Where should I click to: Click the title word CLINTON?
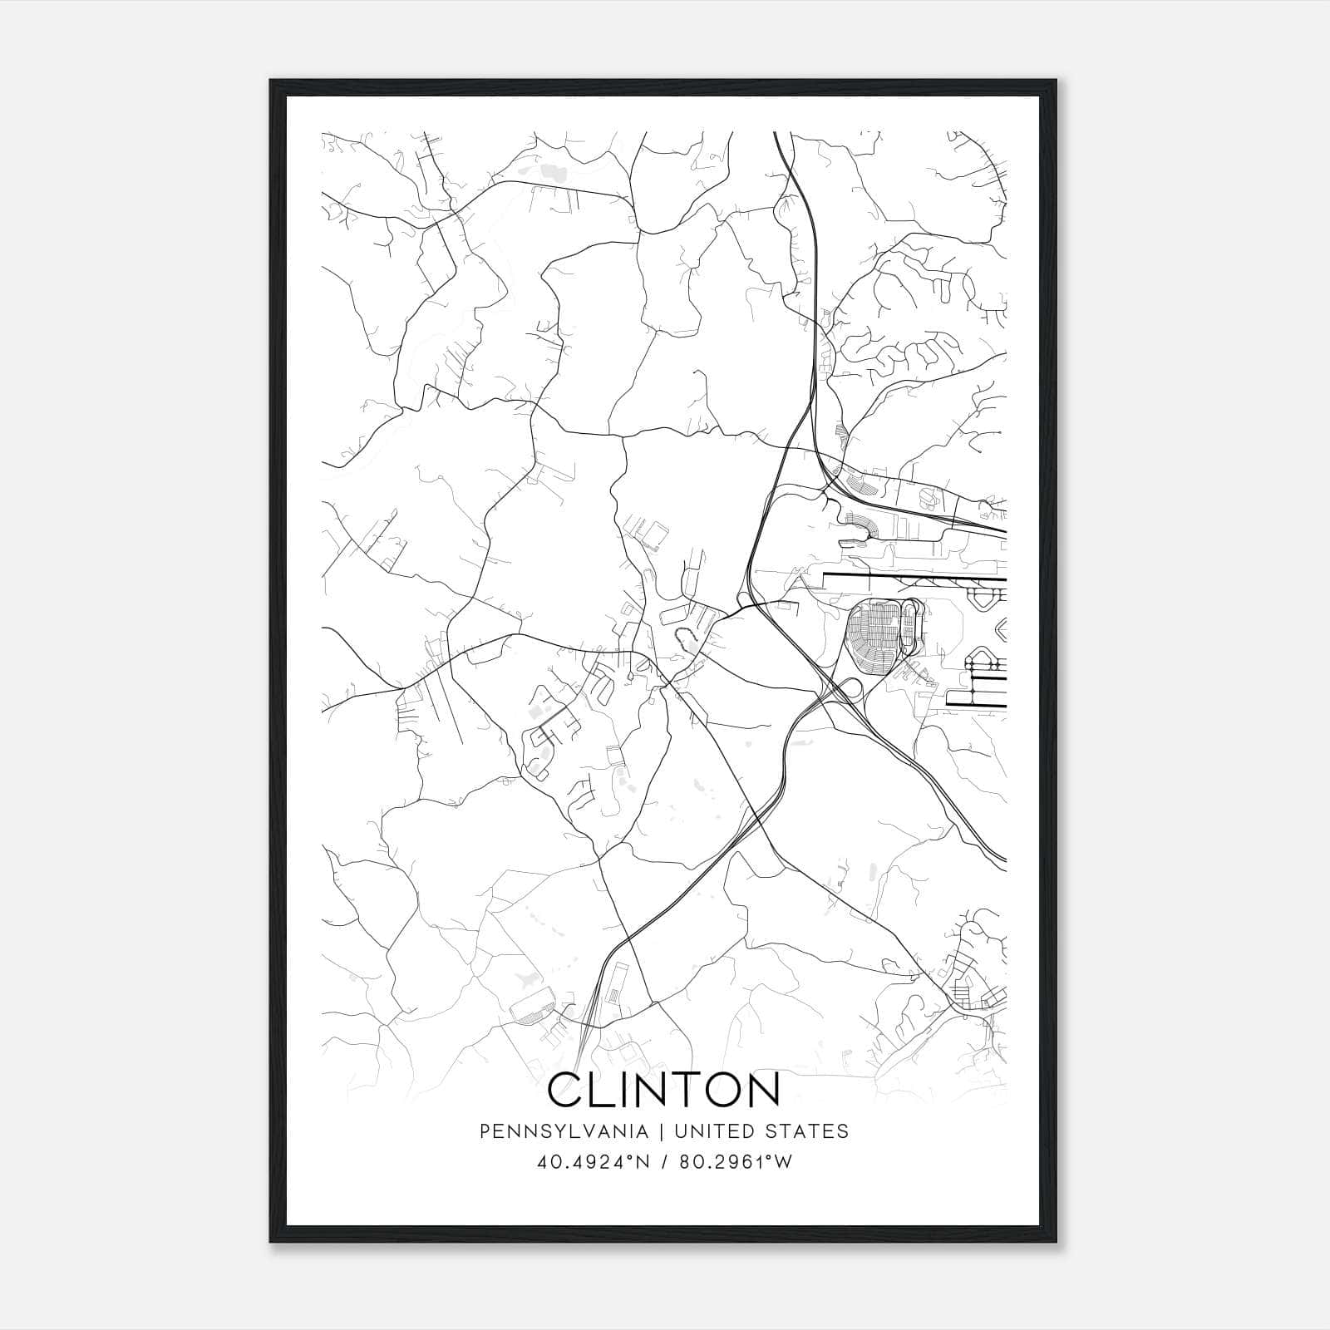click(664, 1091)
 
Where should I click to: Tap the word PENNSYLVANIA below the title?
click(563, 1131)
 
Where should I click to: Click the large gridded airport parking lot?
click(873, 631)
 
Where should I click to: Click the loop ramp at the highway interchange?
click(850, 688)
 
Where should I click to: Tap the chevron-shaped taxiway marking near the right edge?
click(1000, 629)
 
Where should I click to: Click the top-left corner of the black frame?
click(272, 81)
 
